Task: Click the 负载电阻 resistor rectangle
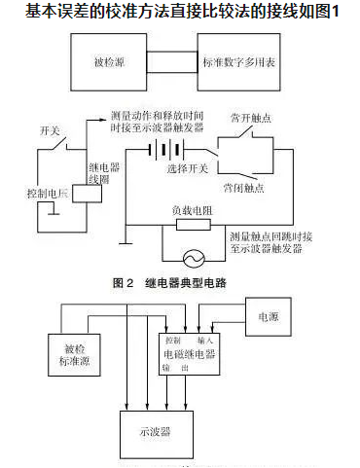192,224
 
